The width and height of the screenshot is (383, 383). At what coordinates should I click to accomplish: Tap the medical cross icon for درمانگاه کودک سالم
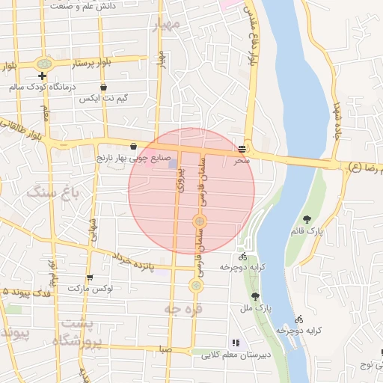(x=42, y=76)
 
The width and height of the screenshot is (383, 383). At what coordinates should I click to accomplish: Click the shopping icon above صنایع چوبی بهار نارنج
(x=133, y=147)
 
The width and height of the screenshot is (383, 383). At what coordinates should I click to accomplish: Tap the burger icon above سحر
(x=242, y=148)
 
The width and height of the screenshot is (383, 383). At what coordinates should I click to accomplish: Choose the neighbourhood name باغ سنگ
(x=46, y=192)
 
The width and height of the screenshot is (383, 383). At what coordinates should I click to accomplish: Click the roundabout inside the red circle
(x=200, y=221)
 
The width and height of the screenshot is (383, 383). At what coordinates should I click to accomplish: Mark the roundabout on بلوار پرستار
(x=44, y=64)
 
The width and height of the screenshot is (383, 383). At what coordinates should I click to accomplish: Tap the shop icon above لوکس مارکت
(x=90, y=278)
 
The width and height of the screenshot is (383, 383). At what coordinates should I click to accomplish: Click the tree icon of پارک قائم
(x=307, y=219)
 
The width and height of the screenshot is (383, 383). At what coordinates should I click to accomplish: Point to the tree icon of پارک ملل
(x=255, y=296)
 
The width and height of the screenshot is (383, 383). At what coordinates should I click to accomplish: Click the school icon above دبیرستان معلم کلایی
(x=236, y=343)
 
